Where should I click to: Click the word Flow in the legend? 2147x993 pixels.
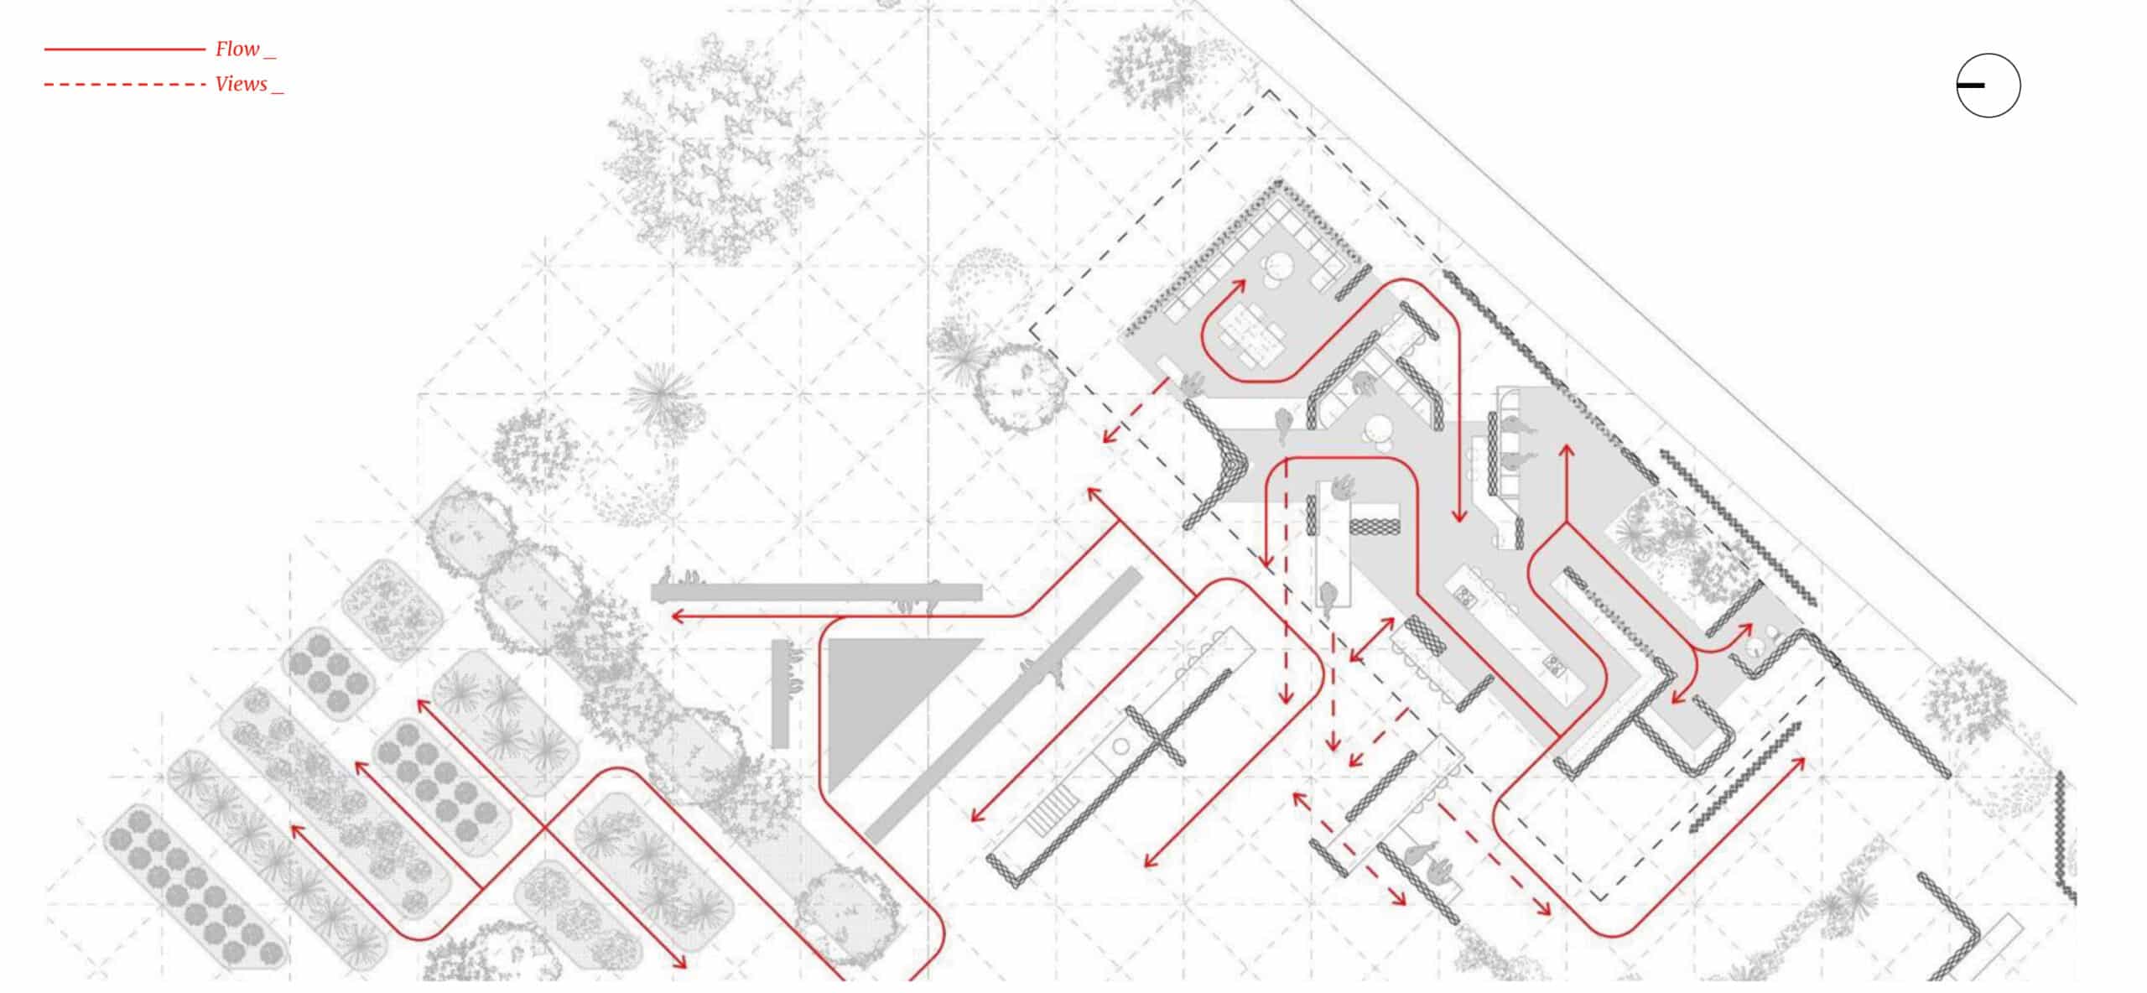(237, 49)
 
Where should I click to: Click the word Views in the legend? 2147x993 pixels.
(242, 85)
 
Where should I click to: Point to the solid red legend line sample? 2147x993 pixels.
(124, 49)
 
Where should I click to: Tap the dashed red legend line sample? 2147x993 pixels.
(124, 85)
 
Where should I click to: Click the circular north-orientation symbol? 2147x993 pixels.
(1988, 86)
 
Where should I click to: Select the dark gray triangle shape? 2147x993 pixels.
(881, 696)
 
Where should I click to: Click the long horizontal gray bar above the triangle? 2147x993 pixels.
(816, 593)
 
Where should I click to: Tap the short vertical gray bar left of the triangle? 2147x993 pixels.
(780, 694)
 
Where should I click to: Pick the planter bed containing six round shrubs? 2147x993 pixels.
(328, 674)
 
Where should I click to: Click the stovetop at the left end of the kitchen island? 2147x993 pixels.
(1465, 596)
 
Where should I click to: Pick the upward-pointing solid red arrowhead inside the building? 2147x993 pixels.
(1565, 451)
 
